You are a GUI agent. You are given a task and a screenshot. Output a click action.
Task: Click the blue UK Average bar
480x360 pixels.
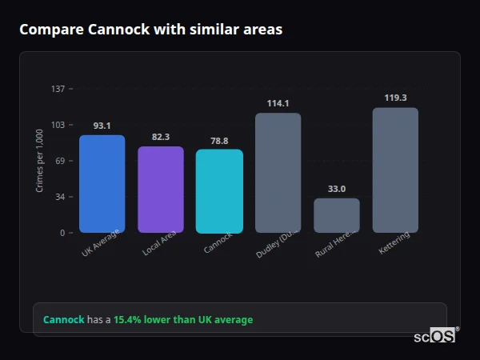click(x=102, y=184)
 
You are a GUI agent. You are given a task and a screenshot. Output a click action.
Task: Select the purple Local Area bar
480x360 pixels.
click(x=161, y=190)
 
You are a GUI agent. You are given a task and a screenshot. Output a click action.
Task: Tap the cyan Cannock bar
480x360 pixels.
click(x=219, y=191)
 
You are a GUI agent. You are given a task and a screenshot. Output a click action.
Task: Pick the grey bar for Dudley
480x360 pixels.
click(x=278, y=173)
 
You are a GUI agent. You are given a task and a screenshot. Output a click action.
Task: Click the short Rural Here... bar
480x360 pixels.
click(x=336, y=216)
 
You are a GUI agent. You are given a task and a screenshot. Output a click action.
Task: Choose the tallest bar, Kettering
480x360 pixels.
click(x=395, y=170)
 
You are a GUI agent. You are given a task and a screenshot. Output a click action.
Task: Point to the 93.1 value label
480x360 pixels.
click(x=102, y=126)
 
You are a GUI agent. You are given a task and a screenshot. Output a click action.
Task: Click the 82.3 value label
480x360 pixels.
click(x=161, y=137)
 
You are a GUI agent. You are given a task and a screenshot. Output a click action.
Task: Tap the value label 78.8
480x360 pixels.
click(x=219, y=140)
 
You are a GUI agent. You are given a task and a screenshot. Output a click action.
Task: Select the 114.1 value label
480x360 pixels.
click(x=278, y=103)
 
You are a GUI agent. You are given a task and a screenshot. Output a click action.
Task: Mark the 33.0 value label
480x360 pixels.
click(x=336, y=189)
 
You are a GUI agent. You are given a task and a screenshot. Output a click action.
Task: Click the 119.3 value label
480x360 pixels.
click(x=395, y=98)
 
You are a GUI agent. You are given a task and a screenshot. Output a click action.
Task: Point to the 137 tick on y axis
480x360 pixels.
click(x=58, y=89)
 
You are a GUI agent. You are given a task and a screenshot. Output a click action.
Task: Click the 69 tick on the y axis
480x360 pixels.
click(x=60, y=161)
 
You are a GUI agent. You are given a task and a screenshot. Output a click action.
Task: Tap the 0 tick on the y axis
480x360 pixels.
click(x=62, y=233)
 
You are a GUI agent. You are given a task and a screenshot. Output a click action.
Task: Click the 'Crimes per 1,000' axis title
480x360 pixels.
click(x=40, y=161)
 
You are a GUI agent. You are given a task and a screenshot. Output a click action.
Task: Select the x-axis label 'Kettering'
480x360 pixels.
click(x=394, y=244)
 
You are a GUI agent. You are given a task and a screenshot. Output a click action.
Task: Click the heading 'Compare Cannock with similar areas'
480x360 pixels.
click(x=150, y=30)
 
